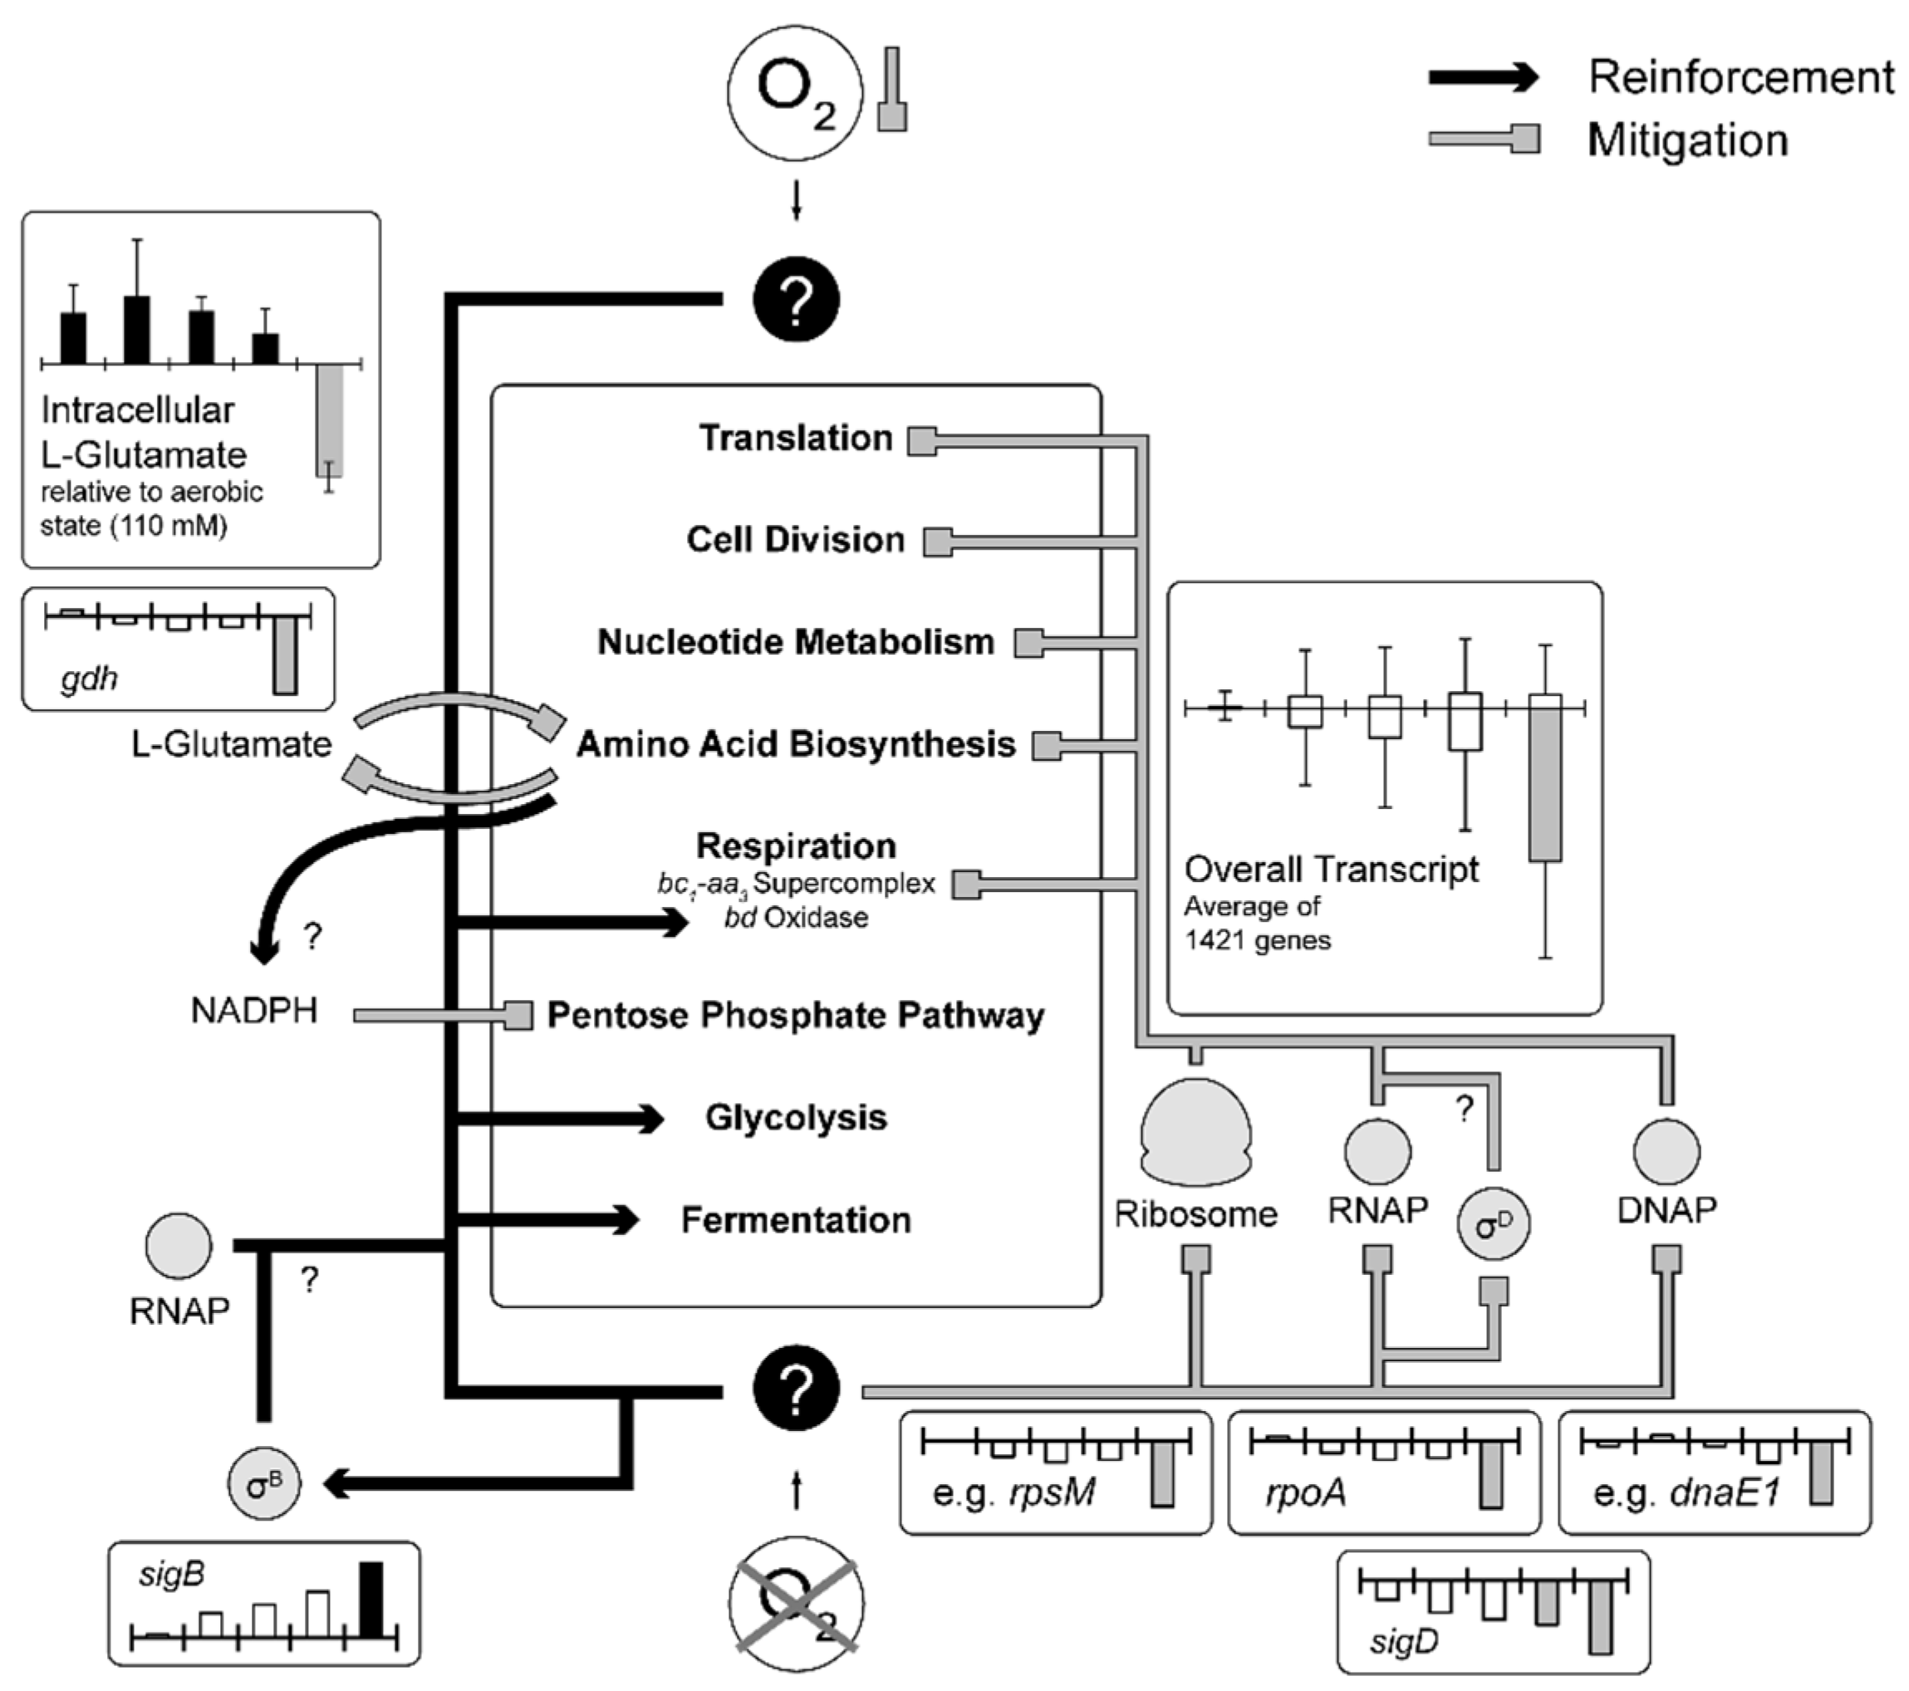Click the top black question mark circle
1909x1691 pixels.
(796, 300)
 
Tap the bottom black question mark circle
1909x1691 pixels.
(796, 1389)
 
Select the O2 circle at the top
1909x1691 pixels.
(796, 92)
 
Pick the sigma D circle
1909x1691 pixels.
(1494, 1224)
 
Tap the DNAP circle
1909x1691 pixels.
(1666, 1151)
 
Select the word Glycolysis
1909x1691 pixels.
(796, 1118)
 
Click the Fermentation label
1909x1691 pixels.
(796, 1219)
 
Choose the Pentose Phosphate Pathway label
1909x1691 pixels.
(796, 1016)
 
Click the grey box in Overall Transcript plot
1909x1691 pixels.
(1545, 784)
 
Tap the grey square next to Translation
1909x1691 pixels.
(923, 441)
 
